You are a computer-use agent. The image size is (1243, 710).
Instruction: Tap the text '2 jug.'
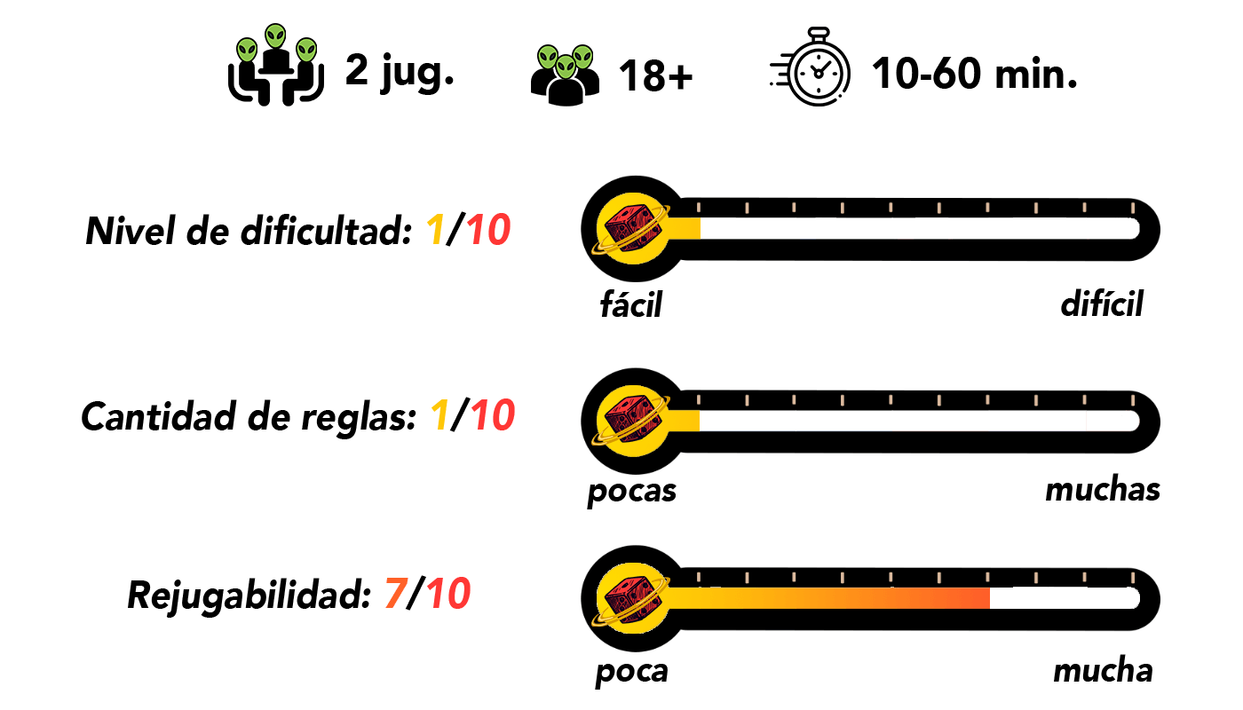pos(400,72)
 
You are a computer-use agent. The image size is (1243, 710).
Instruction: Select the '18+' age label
pos(656,75)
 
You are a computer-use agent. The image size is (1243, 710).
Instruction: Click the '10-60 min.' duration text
pos(975,73)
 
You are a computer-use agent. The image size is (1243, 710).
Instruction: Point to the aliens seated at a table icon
pos(276,64)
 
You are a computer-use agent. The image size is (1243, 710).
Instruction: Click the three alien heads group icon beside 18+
pos(565,75)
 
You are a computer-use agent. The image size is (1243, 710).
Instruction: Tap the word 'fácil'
pos(631,304)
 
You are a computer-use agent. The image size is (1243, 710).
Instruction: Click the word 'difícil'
pos(1102,303)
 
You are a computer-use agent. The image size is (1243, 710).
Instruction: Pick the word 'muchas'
pos(1103,489)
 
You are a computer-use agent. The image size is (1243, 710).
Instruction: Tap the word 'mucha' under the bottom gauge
pos(1103,670)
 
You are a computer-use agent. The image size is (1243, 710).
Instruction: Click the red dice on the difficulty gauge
pos(631,229)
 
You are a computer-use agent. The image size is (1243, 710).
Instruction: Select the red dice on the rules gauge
pos(631,421)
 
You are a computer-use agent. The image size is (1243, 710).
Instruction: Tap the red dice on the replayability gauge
pos(631,599)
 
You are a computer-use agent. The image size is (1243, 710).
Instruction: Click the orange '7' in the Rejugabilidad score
pos(396,594)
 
